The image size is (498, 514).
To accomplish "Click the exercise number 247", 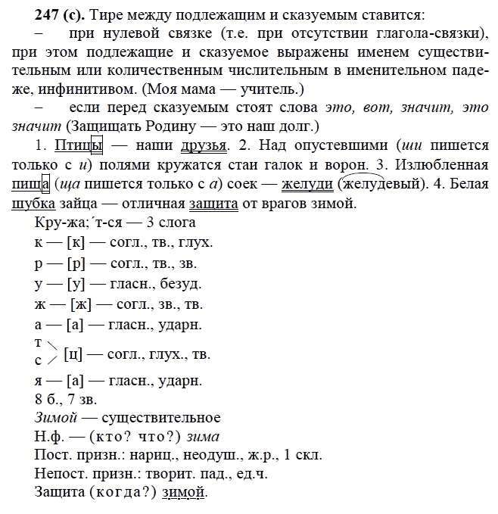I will pyautogui.click(x=25, y=14).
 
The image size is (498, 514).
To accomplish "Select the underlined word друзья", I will pyautogui.click(x=203, y=143).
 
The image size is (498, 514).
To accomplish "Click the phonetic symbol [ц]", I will pyautogui.click(x=73, y=354).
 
